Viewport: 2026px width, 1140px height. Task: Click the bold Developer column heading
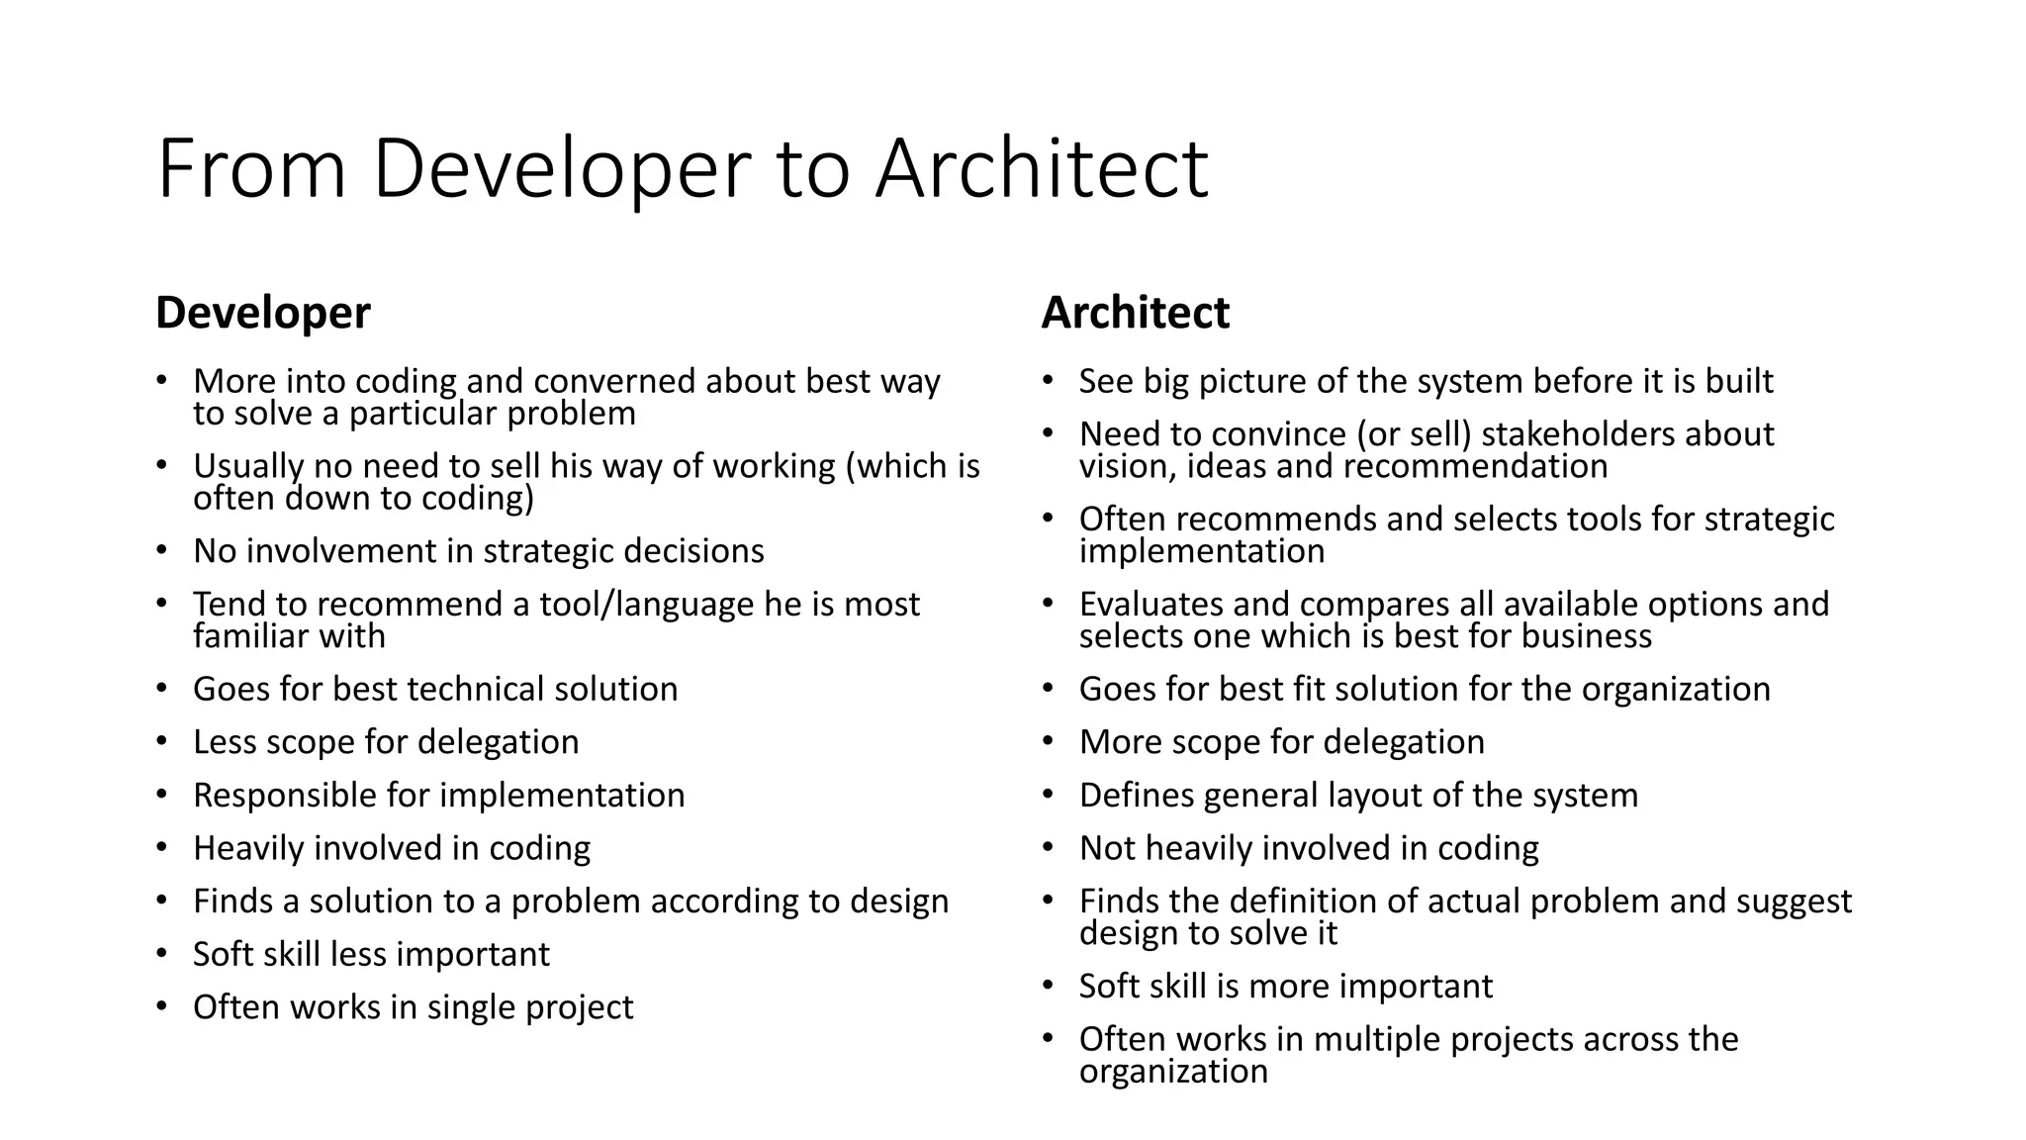click(x=262, y=313)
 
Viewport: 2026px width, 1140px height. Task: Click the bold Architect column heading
click(x=1135, y=313)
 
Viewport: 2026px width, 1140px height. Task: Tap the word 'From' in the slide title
click(x=251, y=169)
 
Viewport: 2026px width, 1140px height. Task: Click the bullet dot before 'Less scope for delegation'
click(x=162, y=741)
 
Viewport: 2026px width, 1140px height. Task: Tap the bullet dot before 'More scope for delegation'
click(x=1049, y=741)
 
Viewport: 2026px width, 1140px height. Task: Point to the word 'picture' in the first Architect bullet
click(x=1251, y=381)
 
